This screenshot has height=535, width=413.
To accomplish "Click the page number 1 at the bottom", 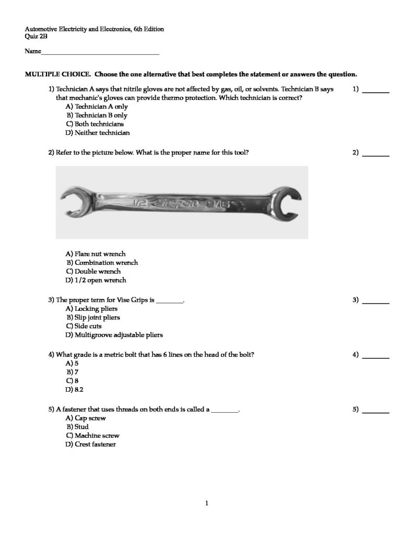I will [207, 504].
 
